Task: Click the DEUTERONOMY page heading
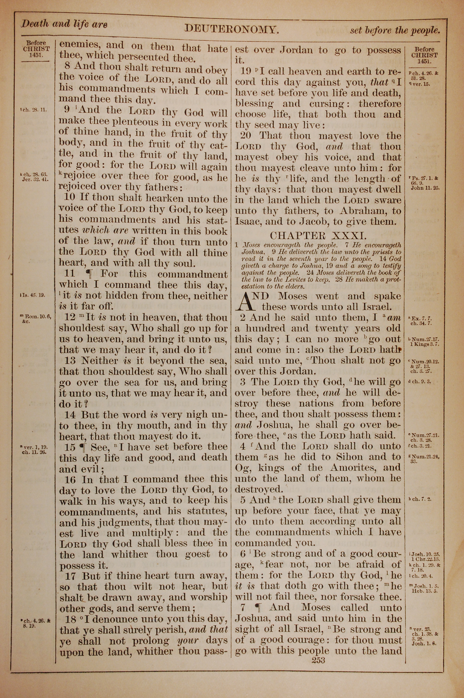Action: click(231, 29)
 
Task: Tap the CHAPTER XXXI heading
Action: click(318, 236)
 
